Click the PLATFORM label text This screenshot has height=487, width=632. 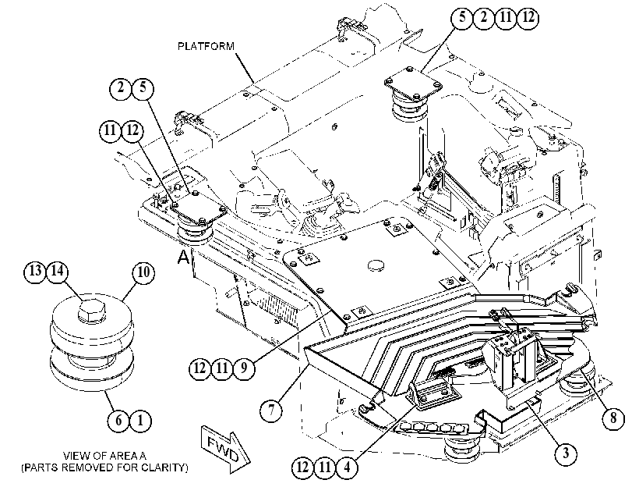point(206,46)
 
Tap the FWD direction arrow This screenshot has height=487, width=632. point(224,448)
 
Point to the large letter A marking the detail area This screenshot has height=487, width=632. point(183,257)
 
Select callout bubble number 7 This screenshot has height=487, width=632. point(271,410)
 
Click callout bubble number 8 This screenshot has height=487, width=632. point(613,418)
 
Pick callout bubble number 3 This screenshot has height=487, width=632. point(566,453)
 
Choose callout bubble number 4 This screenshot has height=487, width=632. point(347,467)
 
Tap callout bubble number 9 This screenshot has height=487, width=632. point(244,368)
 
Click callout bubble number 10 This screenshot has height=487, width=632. point(143,272)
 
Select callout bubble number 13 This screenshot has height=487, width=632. point(35,270)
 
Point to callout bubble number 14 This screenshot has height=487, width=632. point(57,270)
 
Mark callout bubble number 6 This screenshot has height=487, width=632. point(118,421)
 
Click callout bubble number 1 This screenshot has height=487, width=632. point(140,421)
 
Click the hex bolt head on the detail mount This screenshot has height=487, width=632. point(92,310)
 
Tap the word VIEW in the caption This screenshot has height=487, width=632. point(76,456)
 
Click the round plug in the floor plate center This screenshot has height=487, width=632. point(376,265)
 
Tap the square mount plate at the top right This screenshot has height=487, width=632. point(413,84)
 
